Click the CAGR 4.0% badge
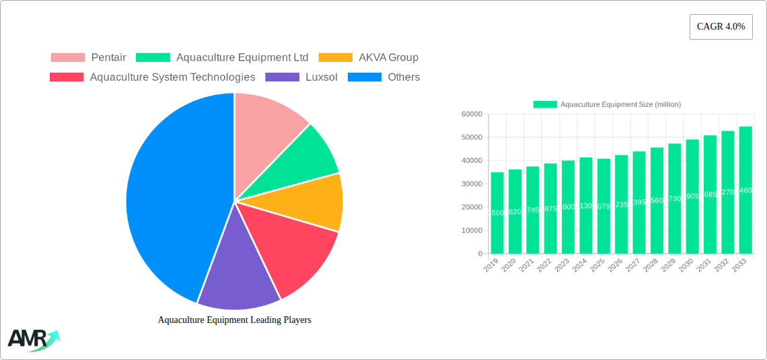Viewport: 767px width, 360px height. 721,27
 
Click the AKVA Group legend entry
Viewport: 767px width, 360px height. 369,57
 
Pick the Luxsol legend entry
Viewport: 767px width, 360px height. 301,77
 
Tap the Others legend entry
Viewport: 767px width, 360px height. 383,77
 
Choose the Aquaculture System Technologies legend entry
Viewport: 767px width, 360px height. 153,77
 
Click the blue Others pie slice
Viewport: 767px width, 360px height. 168,195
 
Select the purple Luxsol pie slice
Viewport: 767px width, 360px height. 235,276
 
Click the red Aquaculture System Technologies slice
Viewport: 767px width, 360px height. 296,249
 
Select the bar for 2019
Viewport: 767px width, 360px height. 497,213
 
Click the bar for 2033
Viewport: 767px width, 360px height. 745,190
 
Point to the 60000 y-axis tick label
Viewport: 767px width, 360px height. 471,114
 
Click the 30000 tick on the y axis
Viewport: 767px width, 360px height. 471,184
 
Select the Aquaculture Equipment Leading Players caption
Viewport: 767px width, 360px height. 234,320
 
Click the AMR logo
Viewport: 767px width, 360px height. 32,340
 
